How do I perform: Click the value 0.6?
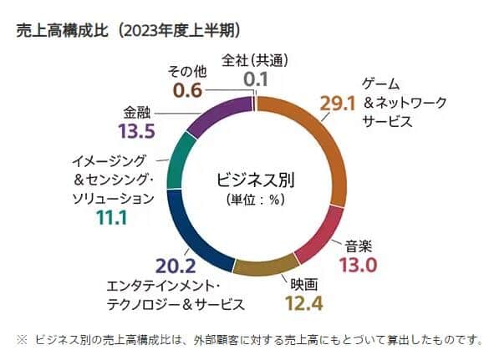tap(186, 90)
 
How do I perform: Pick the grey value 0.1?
tap(255, 79)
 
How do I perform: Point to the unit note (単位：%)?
tap(256, 200)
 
